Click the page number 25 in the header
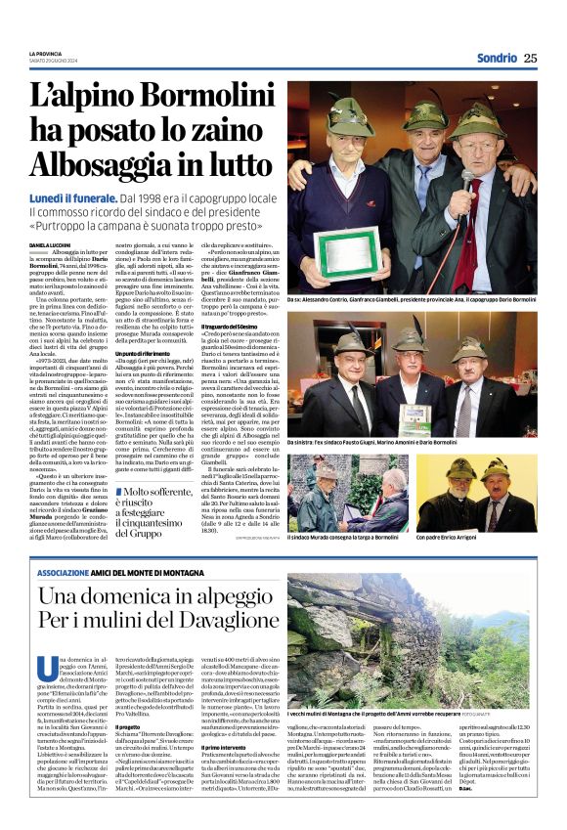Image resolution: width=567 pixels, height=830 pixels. tap(530, 58)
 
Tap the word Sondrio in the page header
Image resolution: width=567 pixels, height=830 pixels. tap(498, 58)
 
